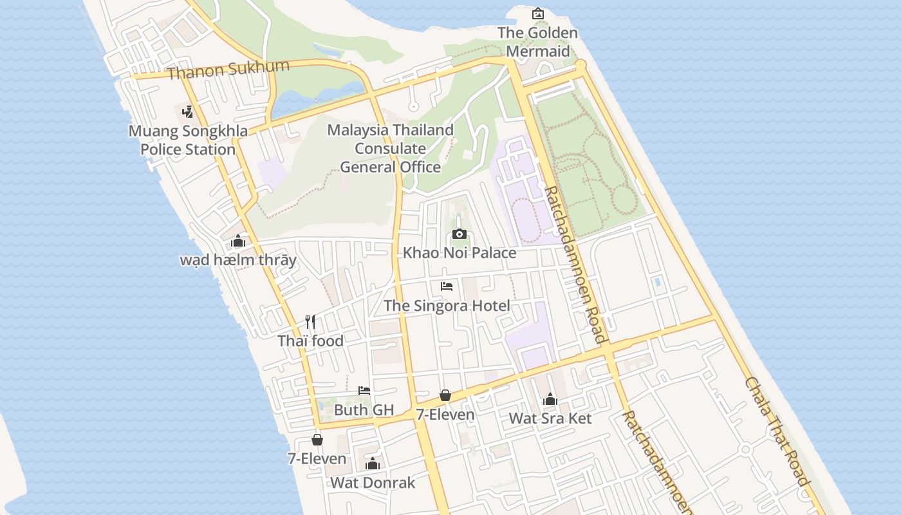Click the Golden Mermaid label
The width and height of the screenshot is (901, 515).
tap(537, 42)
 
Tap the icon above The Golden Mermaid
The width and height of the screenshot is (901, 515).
tap(537, 14)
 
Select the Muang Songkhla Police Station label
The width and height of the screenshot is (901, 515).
tap(188, 140)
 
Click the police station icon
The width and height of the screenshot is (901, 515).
tap(187, 112)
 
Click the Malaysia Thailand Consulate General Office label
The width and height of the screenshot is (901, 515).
tap(390, 149)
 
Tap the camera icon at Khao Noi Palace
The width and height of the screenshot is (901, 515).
tap(460, 234)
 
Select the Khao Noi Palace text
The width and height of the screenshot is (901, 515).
tap(460, 252)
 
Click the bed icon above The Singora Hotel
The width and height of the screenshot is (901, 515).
tap(447, 286)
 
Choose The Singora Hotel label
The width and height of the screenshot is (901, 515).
tap(447, 305)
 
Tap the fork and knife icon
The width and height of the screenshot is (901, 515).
tap(310, 321)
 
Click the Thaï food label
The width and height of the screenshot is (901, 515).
tap(310, 341)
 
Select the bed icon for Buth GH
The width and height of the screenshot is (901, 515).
tap(364, 390)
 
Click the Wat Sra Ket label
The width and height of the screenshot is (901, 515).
tap(550, 418)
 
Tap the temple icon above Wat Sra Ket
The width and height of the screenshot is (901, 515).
tap(550, 399)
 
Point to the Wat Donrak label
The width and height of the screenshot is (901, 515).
tap(373, 482)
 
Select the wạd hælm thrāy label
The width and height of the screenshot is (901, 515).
tap(238, 260)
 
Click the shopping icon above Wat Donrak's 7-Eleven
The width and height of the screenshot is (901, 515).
tap(317, 440)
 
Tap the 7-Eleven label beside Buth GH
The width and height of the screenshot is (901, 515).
tap(445, 415)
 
